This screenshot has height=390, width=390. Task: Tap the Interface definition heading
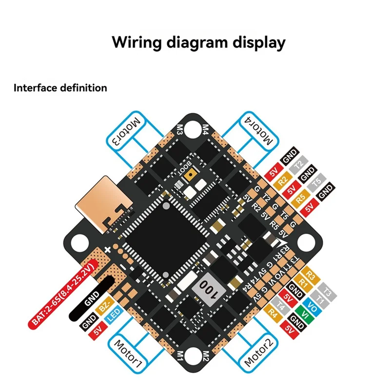point(60,88)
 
